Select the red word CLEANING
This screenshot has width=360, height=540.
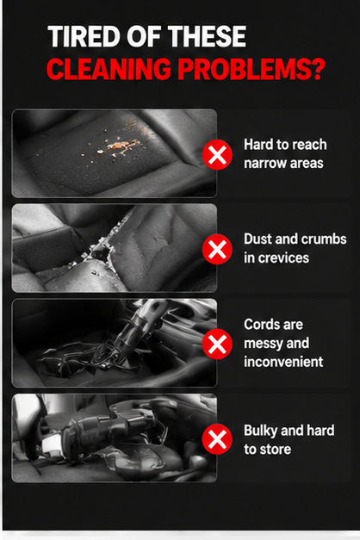click(109, 68)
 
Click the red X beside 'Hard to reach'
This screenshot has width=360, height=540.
click(217, 155)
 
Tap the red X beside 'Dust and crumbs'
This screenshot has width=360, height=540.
click(217, 249)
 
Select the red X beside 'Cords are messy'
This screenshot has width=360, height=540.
click(217, 344)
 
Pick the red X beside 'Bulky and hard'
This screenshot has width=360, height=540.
click(217, 438)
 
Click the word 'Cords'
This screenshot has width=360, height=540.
click(259, 325)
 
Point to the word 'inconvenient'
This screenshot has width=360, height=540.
click(283, 362)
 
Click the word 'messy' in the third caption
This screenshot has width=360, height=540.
click(264, 344)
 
